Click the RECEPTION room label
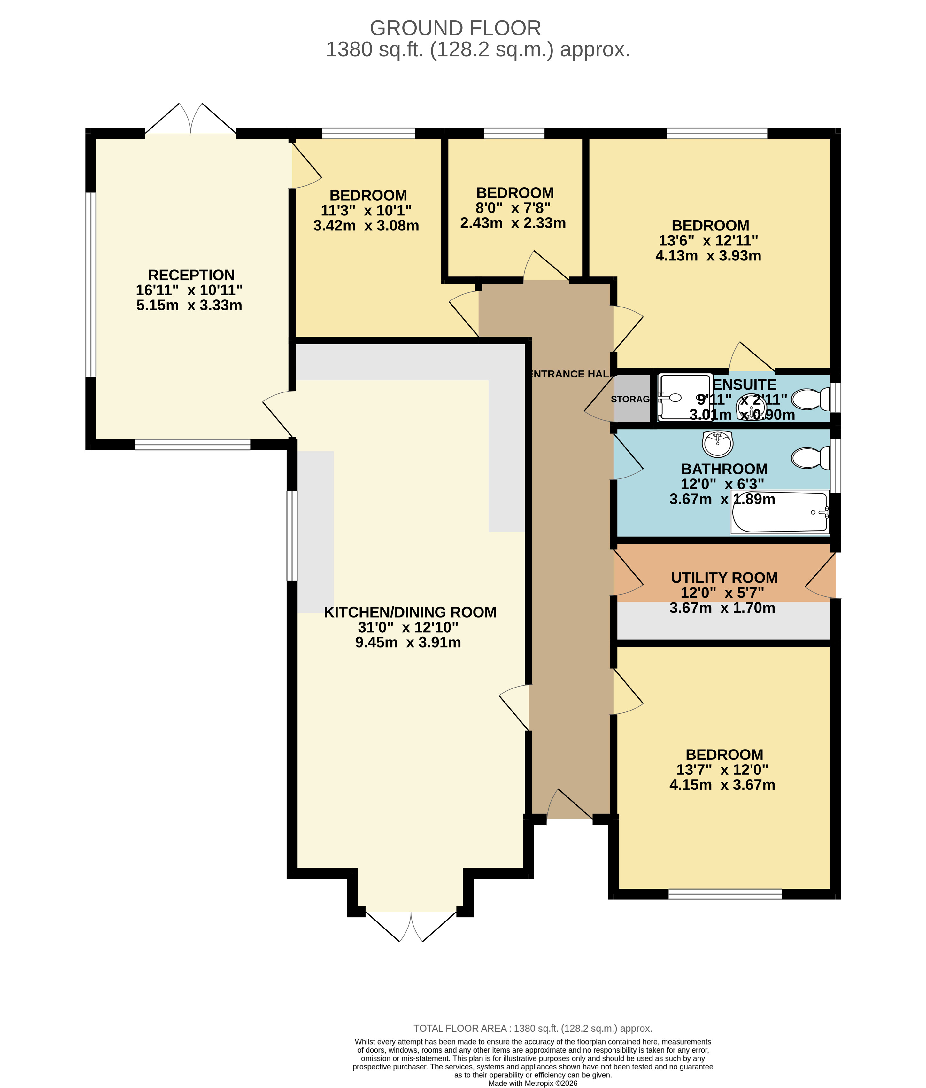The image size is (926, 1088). pyautogui.click(x=191, y=275)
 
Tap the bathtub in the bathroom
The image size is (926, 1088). pyautogui.click(x=780, y=512)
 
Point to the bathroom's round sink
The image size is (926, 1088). pyautogui.click(x=718, y=444)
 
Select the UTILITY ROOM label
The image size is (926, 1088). pyautogui.click(x=724, y=578)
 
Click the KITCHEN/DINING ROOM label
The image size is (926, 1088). pyautogui.click(x=410, y=612)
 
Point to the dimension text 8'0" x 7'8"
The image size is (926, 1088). pyautogui.click(x=513, y=208)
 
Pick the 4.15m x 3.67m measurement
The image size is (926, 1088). pyautogui.click(x=722, y=785)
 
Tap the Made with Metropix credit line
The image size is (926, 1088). pyautogui.click(x=533, y=1083)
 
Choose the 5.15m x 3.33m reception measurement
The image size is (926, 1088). pyautogui.click(x=189, y=306)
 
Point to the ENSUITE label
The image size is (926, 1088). pyautogui.click(x=745, y=385)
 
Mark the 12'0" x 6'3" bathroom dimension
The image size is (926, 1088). pyautogui.click(x=722, y=484)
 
